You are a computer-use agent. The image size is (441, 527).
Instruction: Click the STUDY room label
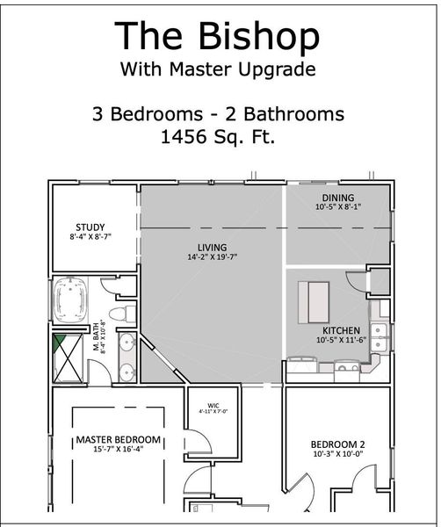[x=90, y=227]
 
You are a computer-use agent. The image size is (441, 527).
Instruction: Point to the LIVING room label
[x=213, y=247]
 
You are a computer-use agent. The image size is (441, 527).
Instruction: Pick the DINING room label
[x=337, y=199]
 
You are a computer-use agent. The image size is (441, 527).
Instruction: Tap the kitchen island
[x=314, y=300]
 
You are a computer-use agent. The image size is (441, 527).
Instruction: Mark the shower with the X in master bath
[x=70, y=358]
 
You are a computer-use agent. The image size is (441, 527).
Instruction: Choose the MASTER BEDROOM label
[x=118, y=439]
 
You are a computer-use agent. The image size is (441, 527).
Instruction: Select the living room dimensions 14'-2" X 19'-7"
[x=213, y=257]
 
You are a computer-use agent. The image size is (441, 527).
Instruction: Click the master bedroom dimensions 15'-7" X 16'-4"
[x=118, y=450]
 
